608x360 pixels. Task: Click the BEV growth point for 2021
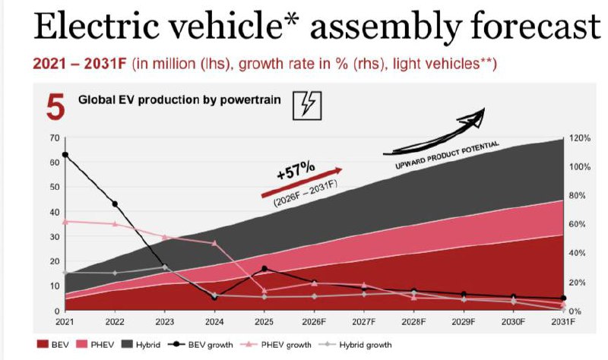[65, 155]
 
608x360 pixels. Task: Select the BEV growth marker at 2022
[115, 204]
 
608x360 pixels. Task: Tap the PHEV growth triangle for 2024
[214, 243]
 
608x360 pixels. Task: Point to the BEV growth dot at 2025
[264, 269]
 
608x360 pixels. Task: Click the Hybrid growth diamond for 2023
[165, 267]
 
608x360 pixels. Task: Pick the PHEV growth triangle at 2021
[65, 222]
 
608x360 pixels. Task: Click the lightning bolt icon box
[307, 106]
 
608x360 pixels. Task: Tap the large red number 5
[55, 106]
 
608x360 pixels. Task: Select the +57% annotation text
[296, 171]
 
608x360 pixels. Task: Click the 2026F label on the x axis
[314, 322]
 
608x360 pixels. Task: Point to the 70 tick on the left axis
[55, 138]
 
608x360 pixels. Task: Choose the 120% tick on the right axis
[580, 138]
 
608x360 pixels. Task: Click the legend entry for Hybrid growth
[355, 345]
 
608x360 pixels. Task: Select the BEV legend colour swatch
[43, 344]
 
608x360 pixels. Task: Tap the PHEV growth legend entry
[276, 345]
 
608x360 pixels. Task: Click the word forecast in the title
[536, 26]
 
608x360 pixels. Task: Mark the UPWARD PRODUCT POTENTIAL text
[447, 155]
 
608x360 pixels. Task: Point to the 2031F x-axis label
[563, 322]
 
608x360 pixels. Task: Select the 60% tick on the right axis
[577, 224]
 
